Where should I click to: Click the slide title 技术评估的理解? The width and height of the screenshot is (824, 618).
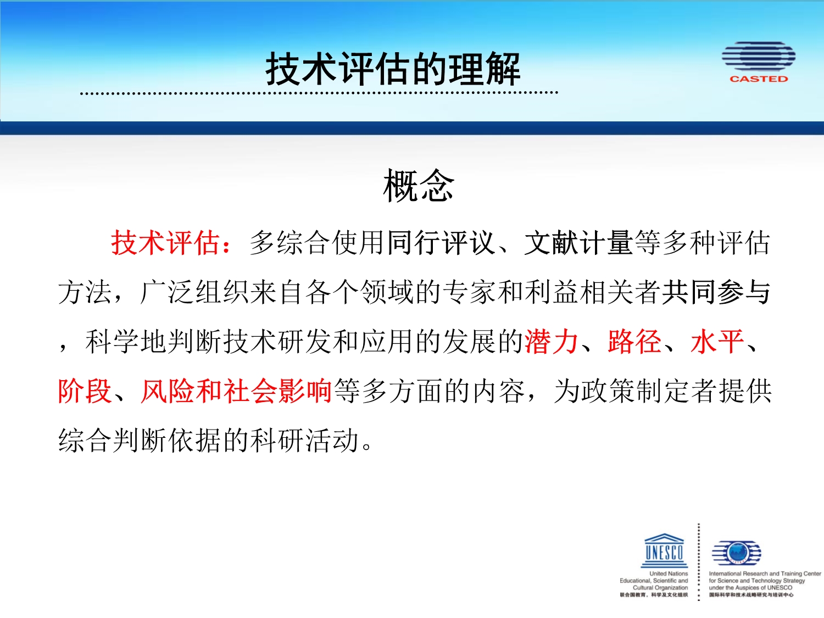tap(393, 69)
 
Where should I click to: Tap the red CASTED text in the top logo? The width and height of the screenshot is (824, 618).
tap(758, 79)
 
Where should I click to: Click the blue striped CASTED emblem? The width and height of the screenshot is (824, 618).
tap(758, 56)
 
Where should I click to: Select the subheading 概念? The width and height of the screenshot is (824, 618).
tap(419, 185)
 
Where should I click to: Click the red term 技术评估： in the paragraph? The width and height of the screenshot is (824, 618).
tap(171, 243)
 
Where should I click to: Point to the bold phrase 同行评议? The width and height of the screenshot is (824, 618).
tap(441, 243)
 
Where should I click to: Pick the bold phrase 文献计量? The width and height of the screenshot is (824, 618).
tap(578, 243)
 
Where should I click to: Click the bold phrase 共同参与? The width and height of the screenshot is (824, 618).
tap(716, 292)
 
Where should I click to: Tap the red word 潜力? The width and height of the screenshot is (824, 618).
tap(551, 342)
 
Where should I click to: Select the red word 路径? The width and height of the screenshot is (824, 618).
tap(634, 342)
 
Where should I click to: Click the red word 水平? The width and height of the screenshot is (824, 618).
tap(717, 342)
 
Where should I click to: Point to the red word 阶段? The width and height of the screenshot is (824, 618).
tap(85, 391)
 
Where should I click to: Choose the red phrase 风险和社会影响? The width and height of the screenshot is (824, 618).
tap(236, 391)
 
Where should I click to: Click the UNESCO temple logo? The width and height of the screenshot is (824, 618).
tap(664, 550)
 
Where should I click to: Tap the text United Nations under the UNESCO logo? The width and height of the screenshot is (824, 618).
tap(669, 574)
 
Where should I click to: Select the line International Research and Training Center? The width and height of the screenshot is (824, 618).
tap(765, 574)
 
